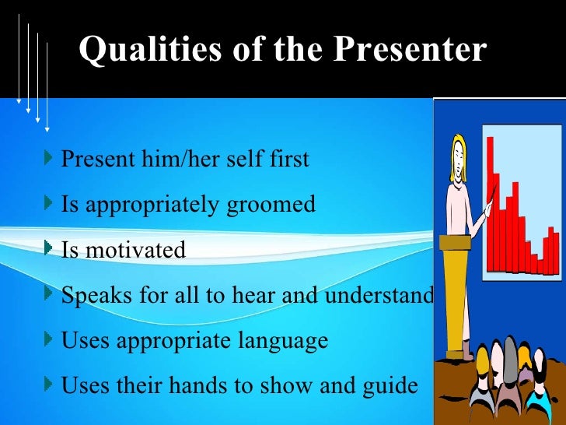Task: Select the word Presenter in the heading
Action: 410,51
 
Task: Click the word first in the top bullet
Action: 288,159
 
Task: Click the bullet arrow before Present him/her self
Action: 51,159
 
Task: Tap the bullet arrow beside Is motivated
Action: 51,250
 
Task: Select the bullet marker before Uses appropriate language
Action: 51,340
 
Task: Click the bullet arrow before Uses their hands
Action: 51,385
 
